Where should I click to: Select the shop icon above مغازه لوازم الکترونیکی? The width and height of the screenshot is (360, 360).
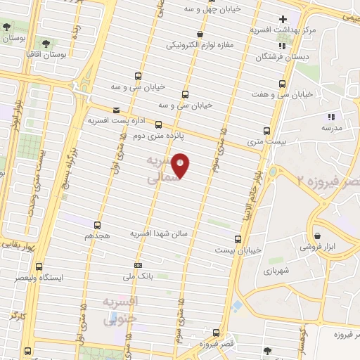pos(200,34)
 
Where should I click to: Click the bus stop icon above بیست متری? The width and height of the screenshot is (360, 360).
pos(266,131)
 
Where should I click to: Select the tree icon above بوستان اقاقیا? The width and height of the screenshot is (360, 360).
pos(48,44)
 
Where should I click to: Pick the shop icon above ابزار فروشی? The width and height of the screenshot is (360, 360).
pos(318,236)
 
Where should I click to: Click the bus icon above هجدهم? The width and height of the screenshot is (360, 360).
pos(97,225)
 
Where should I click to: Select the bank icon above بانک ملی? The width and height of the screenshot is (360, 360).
pos(137,264)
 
